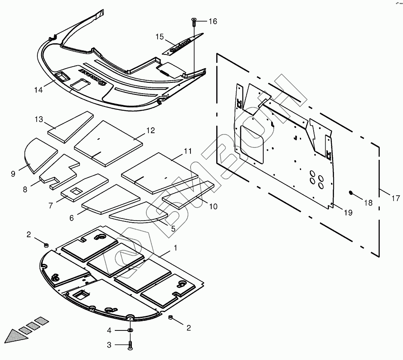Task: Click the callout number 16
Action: pos(213,22)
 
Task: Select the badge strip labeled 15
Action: pos(182,44)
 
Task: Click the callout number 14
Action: pos(38,89)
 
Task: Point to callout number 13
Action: pos(39,120)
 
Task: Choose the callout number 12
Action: pos(150,131)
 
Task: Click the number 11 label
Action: pos(188,151)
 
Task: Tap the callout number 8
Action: pos(25,189)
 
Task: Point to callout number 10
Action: pos(213,206)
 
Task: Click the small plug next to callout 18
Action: pos(352,193)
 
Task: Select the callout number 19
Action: pos(348,213)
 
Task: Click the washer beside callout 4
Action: pos(131,330)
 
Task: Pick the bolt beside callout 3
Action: pos(131,345)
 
